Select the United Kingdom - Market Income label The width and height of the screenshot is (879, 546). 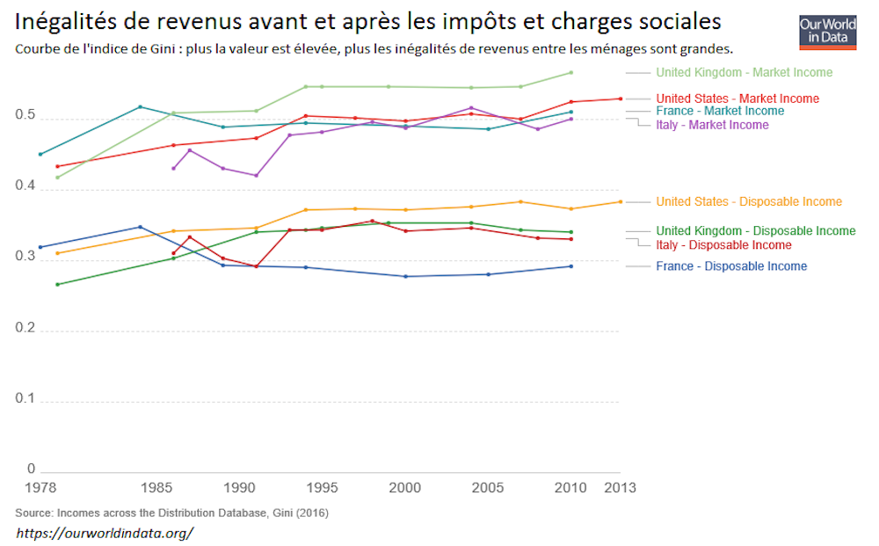click(744, 72)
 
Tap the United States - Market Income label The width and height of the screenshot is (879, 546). click(737, 98)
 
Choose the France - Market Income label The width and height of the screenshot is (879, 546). click(720, 111)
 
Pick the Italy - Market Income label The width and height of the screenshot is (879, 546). click(712, 125)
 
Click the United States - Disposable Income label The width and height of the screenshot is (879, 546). click(749, 201)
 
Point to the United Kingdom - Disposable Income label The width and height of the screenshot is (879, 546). click(755, 230)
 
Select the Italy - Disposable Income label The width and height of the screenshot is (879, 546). click(723, 244)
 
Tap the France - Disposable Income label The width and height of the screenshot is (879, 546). click(731, 266)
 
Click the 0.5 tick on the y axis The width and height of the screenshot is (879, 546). click(25, 116)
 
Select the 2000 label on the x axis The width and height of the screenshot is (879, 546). click(404, 487)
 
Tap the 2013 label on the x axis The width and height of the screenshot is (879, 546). click(621, 487)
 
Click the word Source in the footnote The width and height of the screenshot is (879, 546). click(33, 512)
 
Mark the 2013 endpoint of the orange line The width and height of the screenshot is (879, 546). click(621, 201)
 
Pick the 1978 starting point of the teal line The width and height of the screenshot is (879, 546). click(40, 154)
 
